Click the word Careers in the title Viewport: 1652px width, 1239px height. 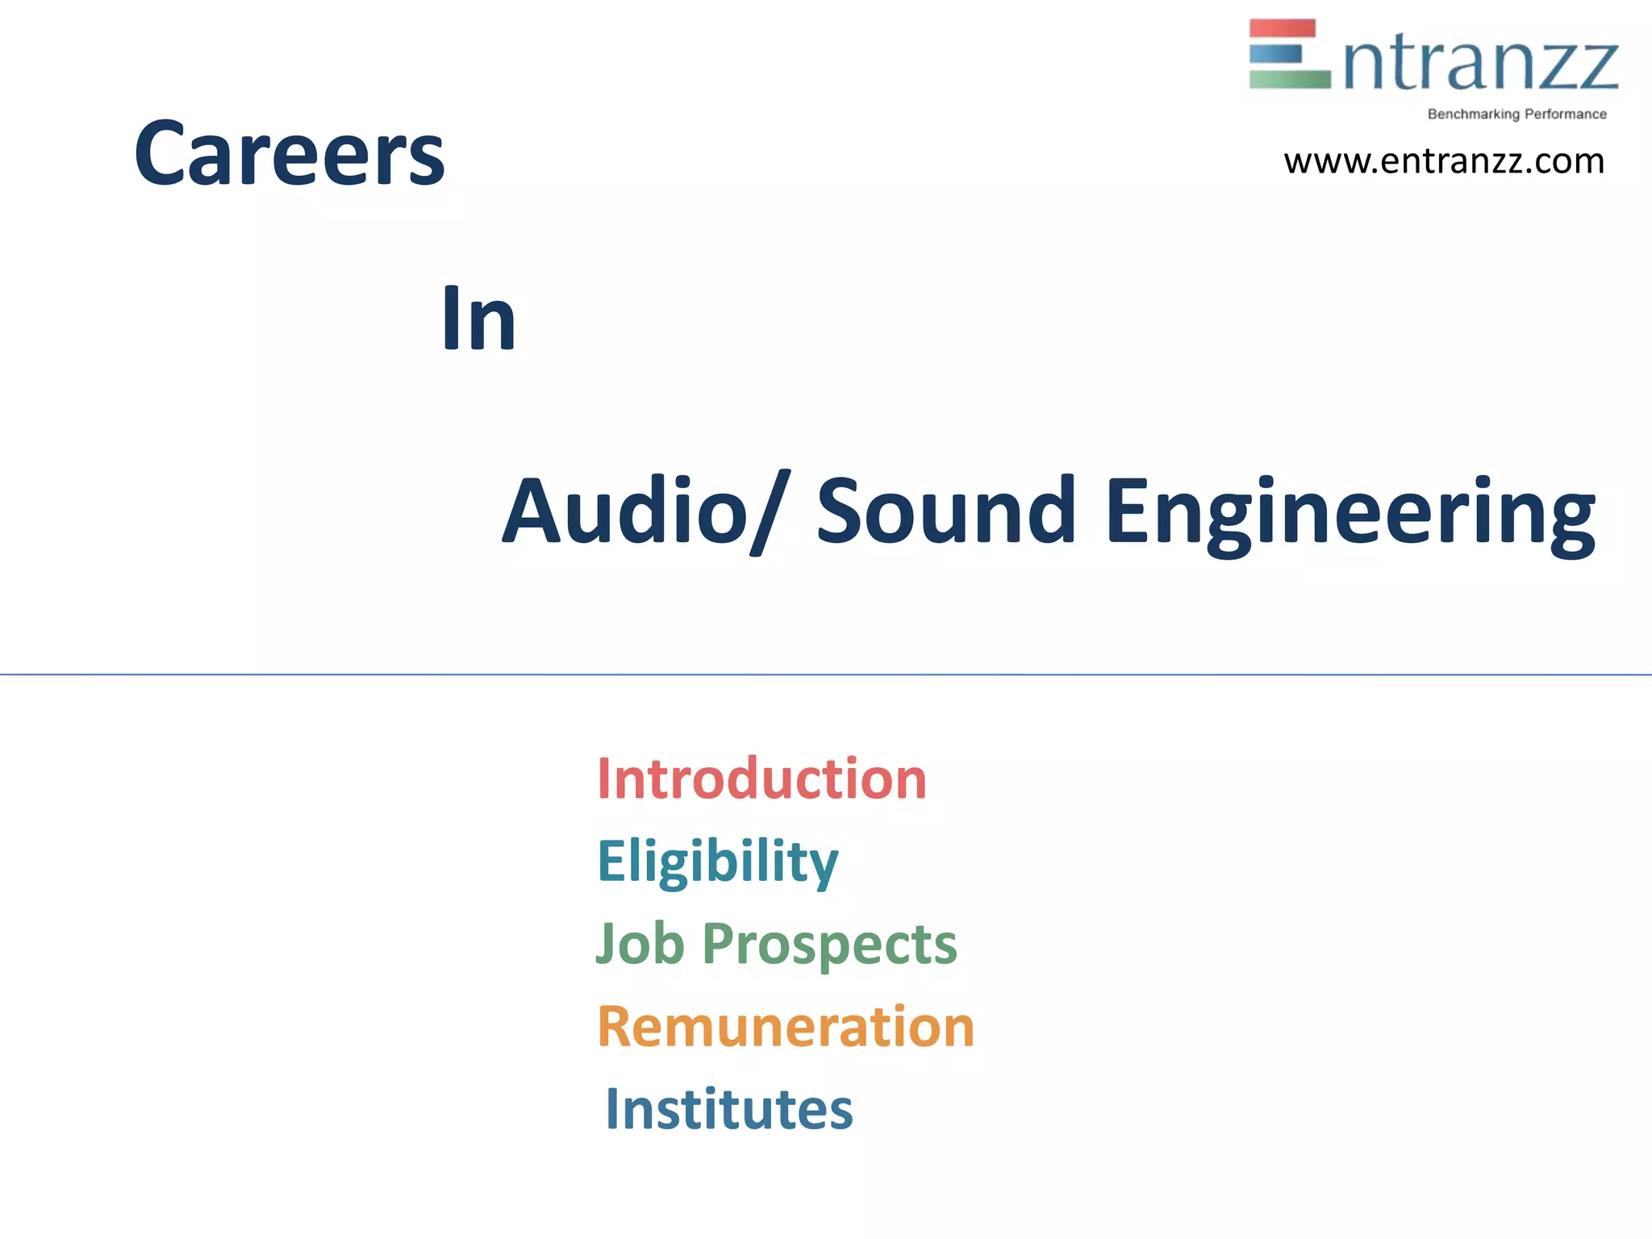(289, 153)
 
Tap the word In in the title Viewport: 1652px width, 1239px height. (478, 319)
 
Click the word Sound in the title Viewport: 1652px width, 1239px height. (945, 511)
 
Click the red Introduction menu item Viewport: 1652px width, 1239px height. (761, 779)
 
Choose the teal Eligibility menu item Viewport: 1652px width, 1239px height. (717, 861)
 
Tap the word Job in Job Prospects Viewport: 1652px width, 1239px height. (640, 943)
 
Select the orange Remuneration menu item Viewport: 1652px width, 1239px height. (786, 1027)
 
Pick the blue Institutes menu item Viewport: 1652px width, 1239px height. (728, 1109)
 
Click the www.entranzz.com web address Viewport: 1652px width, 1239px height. (1444, 161)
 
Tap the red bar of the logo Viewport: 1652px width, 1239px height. (1282, 28)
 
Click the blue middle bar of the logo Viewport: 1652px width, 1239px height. (1275, 54)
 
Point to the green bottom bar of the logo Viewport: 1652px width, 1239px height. (1289, 79)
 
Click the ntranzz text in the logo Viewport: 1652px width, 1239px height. (1481, 65)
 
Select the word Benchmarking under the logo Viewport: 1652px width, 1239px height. (1473, 115)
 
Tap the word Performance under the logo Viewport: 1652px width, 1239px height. (1565, 115)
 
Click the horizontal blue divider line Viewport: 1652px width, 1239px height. (826, 674)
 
